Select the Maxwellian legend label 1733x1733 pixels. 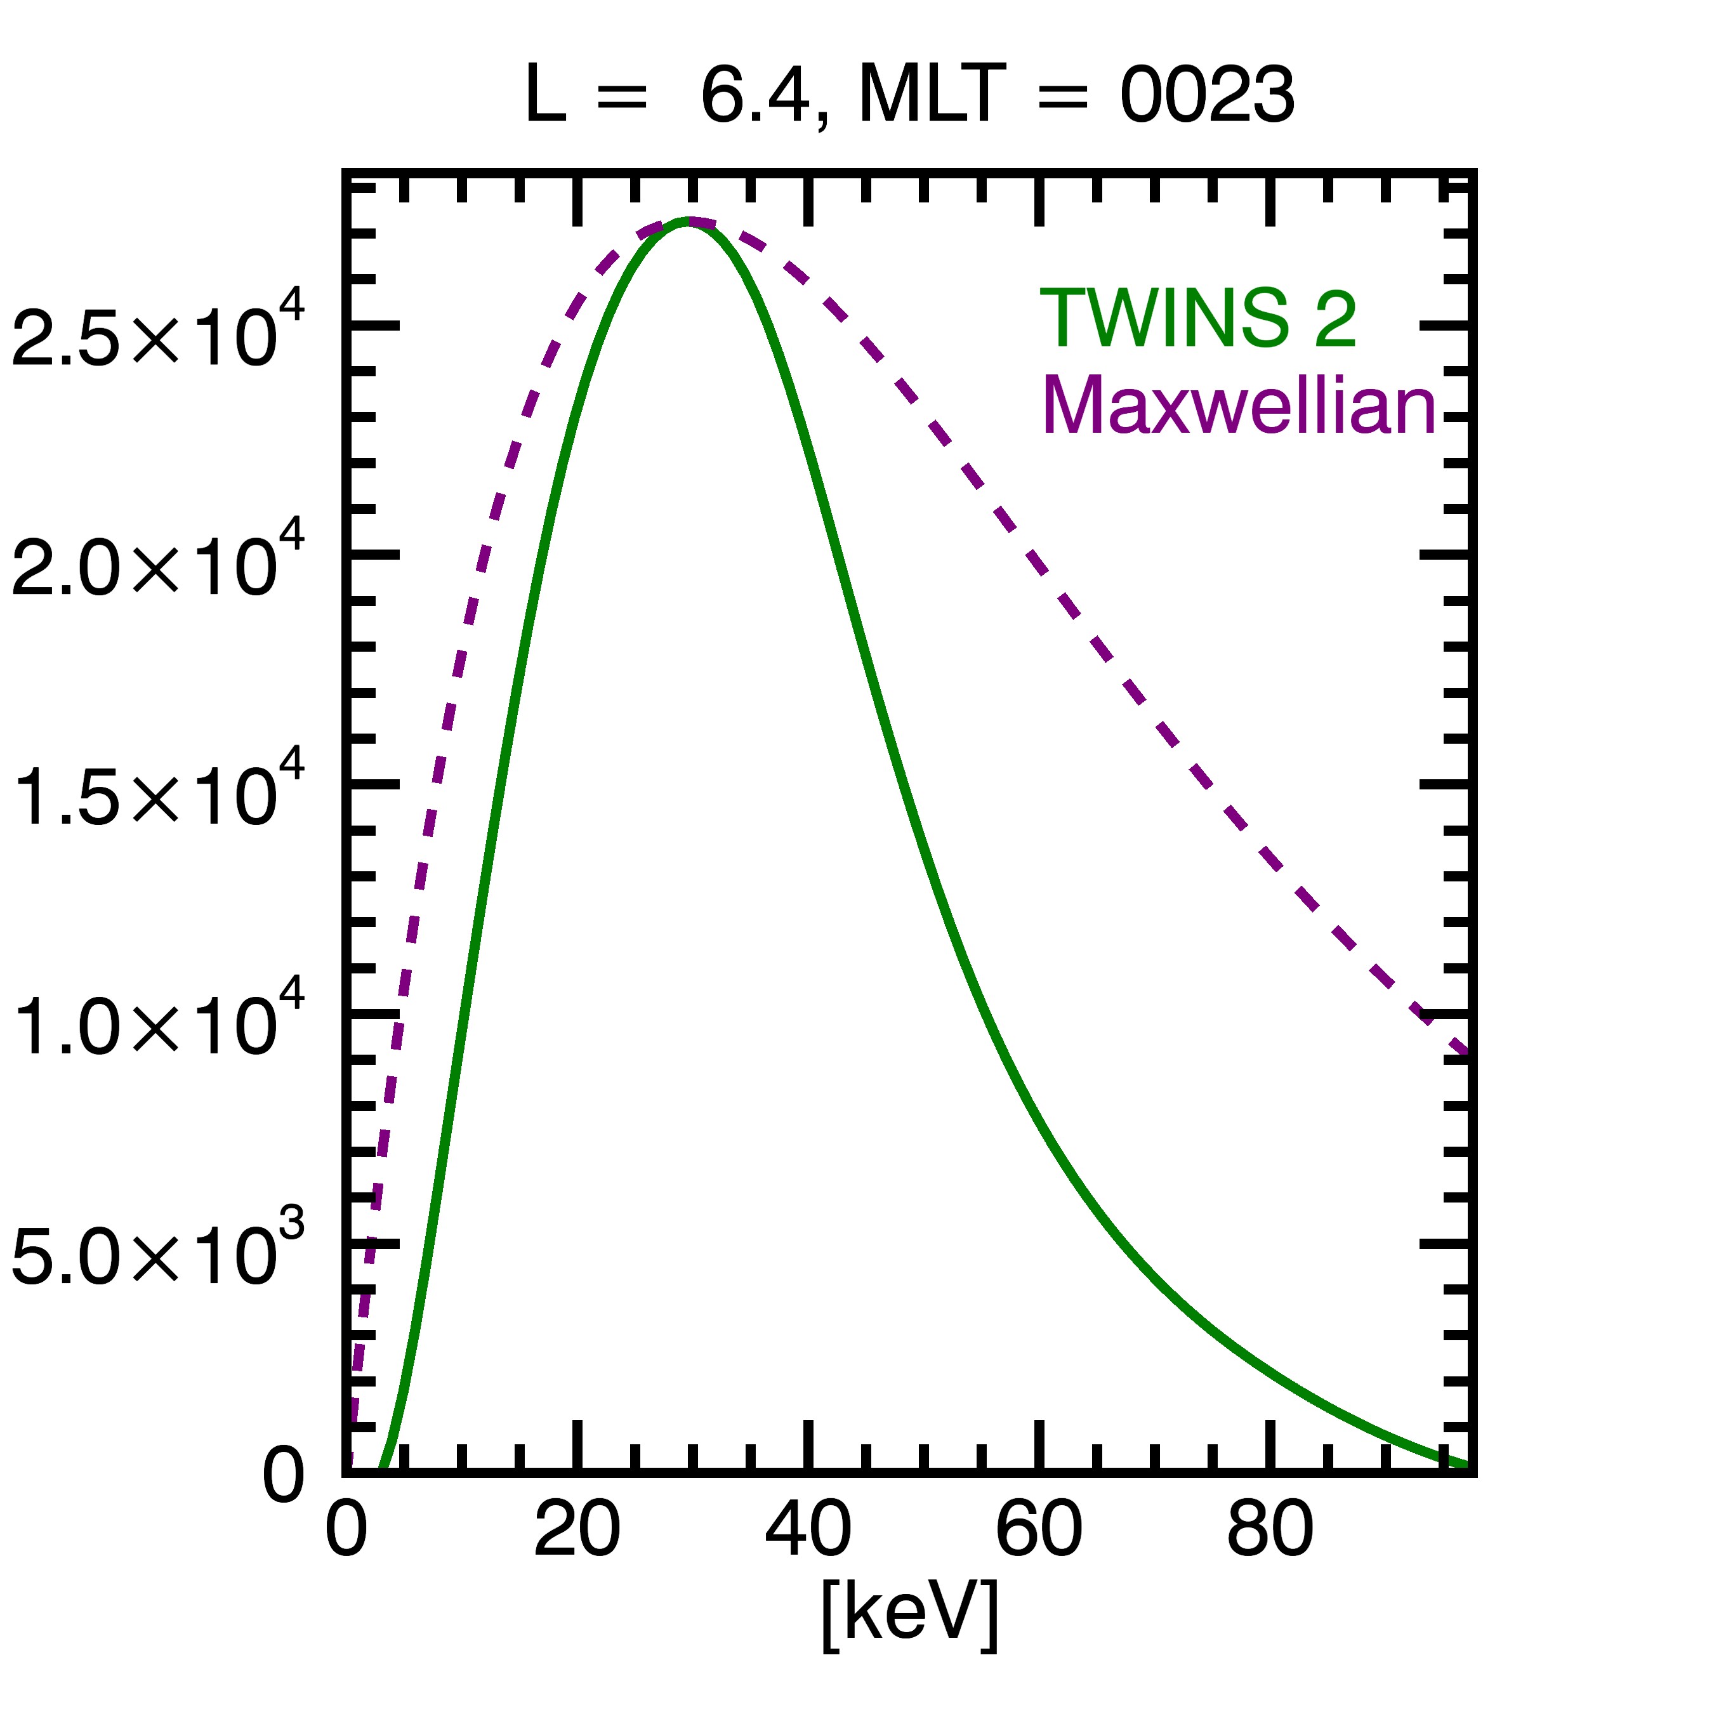1240,405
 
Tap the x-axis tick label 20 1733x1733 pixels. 577,1529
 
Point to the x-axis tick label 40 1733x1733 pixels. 807,1529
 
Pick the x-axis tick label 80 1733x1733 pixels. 1269,1529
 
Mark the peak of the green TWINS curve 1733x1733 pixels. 686,221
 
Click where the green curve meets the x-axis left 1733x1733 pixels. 382,1469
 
